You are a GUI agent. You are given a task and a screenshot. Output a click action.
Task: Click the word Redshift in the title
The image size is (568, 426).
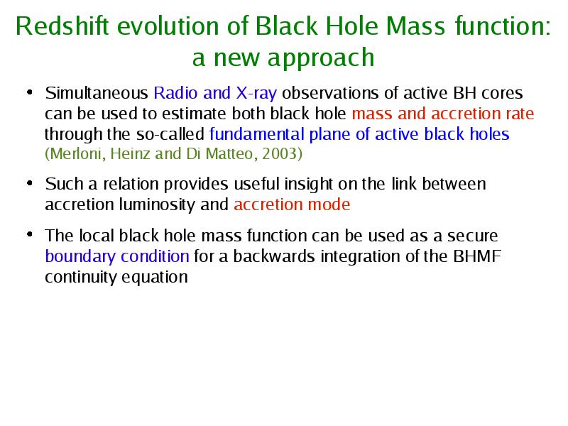(x=62, y=26)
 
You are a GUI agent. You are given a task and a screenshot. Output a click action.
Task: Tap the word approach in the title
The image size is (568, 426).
(x=321, y=59)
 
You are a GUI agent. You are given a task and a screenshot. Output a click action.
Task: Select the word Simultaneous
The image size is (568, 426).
(x=97, y=93)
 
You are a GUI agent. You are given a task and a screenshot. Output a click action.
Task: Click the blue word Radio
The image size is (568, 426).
(x=176, y=93)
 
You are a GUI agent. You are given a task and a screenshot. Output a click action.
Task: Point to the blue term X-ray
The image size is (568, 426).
(x=256, y=94)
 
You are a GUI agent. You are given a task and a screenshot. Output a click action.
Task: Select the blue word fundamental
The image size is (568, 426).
(x=256, y=134)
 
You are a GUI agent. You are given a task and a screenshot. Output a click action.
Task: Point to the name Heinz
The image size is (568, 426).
(x=130, y=153)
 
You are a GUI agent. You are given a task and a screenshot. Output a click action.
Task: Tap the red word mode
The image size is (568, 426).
(x=329, y=204)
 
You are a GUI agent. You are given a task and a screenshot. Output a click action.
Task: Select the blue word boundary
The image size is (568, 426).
(x=80, y=257)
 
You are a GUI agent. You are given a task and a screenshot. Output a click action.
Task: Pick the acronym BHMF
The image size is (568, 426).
(x=477, y=256)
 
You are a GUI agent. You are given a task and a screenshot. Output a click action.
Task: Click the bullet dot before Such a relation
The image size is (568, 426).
(x=30, y=183)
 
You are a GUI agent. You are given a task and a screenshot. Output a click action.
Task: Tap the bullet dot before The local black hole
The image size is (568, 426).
(x=30, y=234)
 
